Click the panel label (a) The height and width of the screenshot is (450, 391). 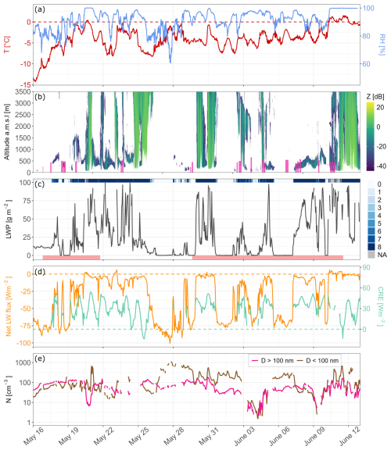(x=40, y=9)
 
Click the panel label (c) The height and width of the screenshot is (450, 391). (x=40, y=184)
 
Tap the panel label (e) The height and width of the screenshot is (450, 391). (x=40, y=359)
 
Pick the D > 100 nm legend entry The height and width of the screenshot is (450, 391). (x=272, y=361)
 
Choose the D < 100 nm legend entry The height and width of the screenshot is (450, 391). (x=317, y=361)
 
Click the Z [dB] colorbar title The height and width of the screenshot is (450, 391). (x=375, y=96)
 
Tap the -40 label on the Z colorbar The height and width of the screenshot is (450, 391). (x=382, y=166)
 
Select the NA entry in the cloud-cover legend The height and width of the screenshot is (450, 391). (x=382, y=255)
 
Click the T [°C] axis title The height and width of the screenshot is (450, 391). (x=6, y=45)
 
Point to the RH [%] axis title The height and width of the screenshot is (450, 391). (x=382, y=45)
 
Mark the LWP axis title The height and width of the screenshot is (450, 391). (x=9, y=219)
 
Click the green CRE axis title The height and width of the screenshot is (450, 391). (x=381, y=306)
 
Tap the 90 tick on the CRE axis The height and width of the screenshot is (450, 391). (x=366, y=267)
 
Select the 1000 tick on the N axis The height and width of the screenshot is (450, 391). (x=23, y=362)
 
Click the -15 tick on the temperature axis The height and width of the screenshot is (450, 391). (x=26, y=84)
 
